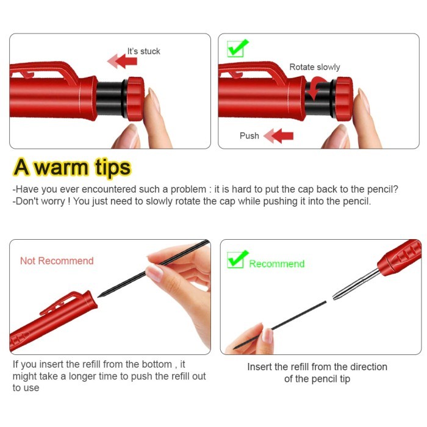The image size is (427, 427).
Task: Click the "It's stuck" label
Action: [x=143, y=51]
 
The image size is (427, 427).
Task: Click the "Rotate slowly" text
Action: [x=314, y=67]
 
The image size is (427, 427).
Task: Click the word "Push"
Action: [x=249, y=135]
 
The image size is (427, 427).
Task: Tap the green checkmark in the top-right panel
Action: [x=237, y=48]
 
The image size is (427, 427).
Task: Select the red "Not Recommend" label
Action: [x=57, y=260]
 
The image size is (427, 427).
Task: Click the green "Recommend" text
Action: [x=276, y=264]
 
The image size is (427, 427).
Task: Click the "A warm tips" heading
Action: [x=73, y=167]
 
